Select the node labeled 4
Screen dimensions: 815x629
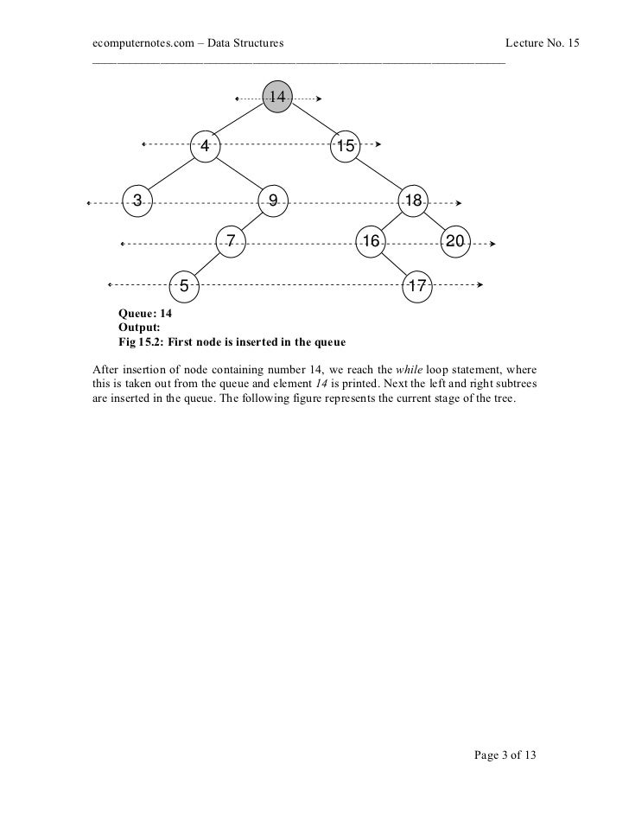tap(205, 146)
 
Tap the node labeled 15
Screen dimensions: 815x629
tap(345, 146)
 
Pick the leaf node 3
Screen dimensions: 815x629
tap(137, 201)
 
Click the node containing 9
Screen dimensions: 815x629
tap(272, 201)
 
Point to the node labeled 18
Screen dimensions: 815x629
tap(412, 201)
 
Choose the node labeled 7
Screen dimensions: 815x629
tap(231, 242)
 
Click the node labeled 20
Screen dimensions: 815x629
tap(455, 242)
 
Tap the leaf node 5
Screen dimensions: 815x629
tap(184, 284)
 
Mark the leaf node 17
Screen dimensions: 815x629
tap(416, 284)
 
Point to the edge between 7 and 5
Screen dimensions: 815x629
tap(207, 264)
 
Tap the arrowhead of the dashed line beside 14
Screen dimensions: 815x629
tap(320, 99)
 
